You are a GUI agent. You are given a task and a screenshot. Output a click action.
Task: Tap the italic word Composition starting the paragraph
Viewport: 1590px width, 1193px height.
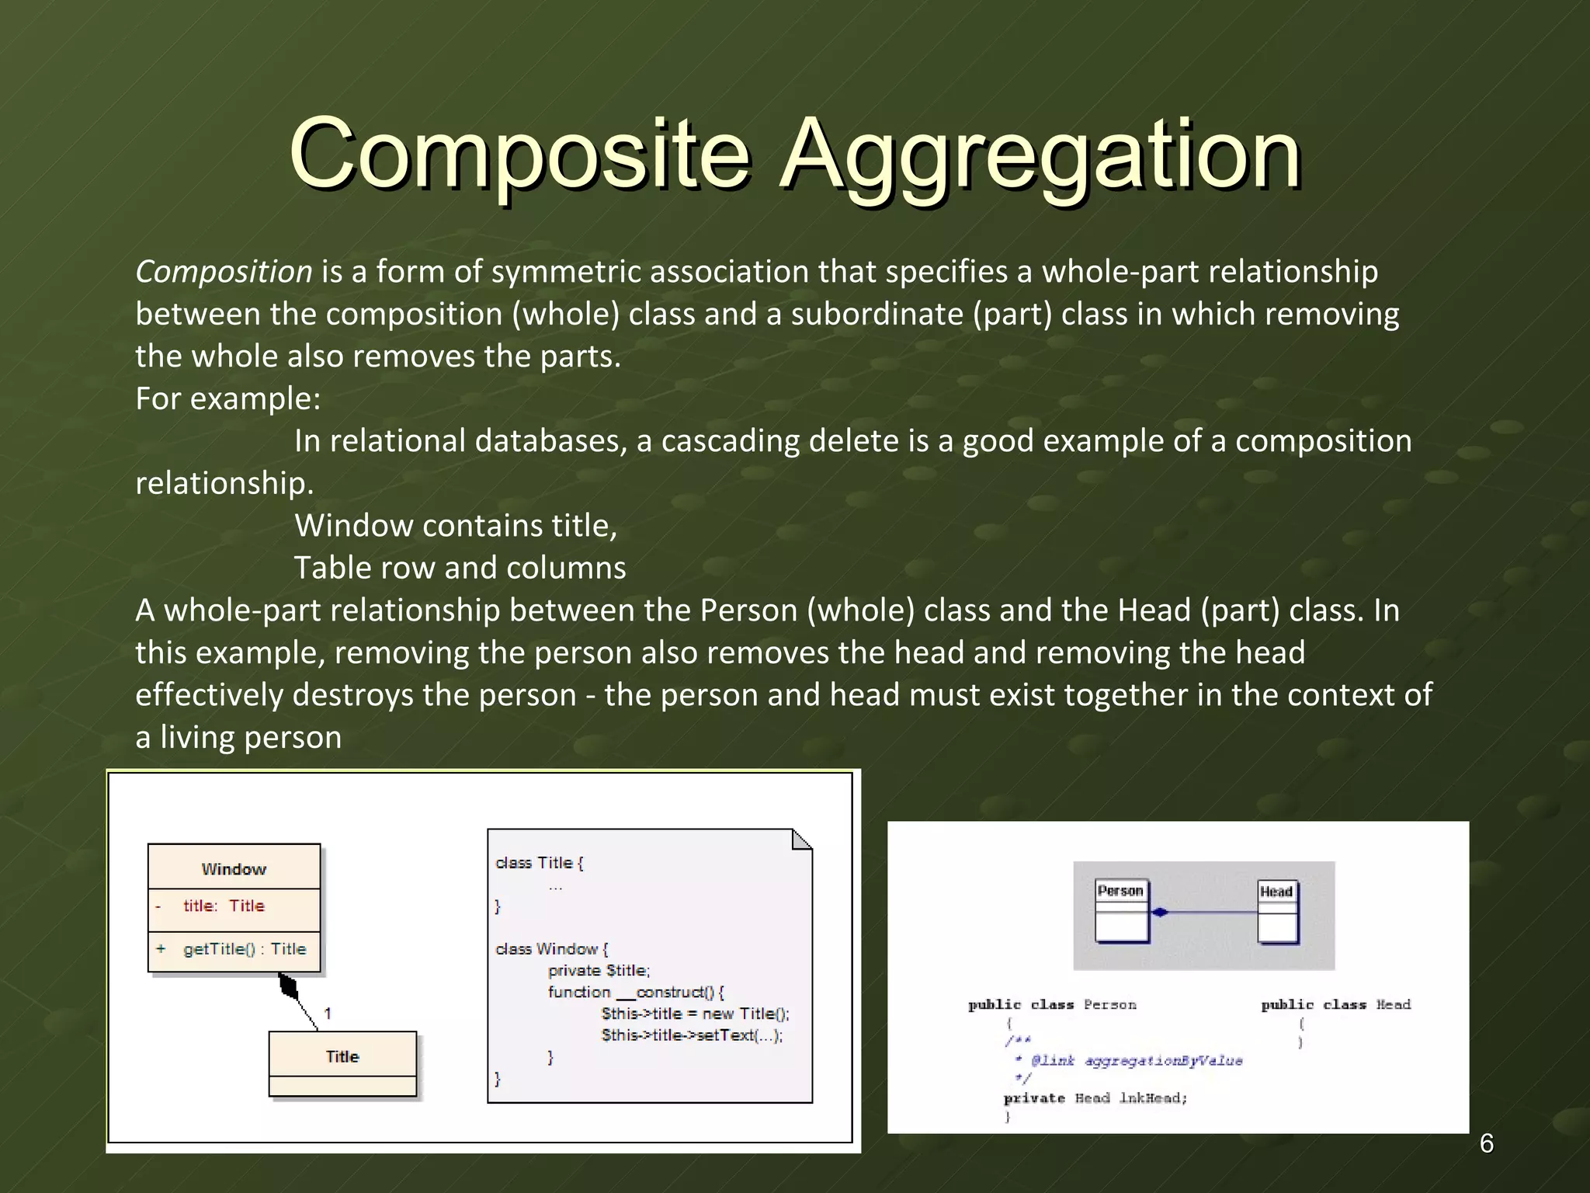point(224,272)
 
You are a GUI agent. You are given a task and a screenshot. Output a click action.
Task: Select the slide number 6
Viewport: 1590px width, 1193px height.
point(1486,1143)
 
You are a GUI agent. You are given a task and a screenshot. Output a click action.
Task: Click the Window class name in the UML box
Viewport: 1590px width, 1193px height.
point(234,869)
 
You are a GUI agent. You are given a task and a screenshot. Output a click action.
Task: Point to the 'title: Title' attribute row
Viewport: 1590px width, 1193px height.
point(224,906)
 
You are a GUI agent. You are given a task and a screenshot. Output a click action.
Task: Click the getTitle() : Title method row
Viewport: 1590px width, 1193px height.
point(244,949)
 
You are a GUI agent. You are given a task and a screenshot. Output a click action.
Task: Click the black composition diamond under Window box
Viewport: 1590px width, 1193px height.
point(289,988)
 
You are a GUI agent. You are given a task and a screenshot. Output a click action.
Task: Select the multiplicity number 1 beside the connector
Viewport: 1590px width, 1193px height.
point(328,1013)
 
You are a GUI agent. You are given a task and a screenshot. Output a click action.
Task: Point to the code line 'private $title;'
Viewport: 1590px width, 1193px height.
point(599,970)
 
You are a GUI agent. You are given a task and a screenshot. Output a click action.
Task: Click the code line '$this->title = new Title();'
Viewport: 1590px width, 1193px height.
point(695,1014)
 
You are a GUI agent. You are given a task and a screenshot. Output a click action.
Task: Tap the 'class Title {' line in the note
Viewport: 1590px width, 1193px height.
point(540,863)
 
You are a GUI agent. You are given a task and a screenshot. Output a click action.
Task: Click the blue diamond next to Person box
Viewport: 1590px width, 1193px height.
point(1160,913)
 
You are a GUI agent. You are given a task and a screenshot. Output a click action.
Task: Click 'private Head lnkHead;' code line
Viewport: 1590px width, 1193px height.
point(1095,1098)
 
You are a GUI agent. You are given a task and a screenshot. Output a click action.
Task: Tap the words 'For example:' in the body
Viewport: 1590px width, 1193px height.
point(227,398)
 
